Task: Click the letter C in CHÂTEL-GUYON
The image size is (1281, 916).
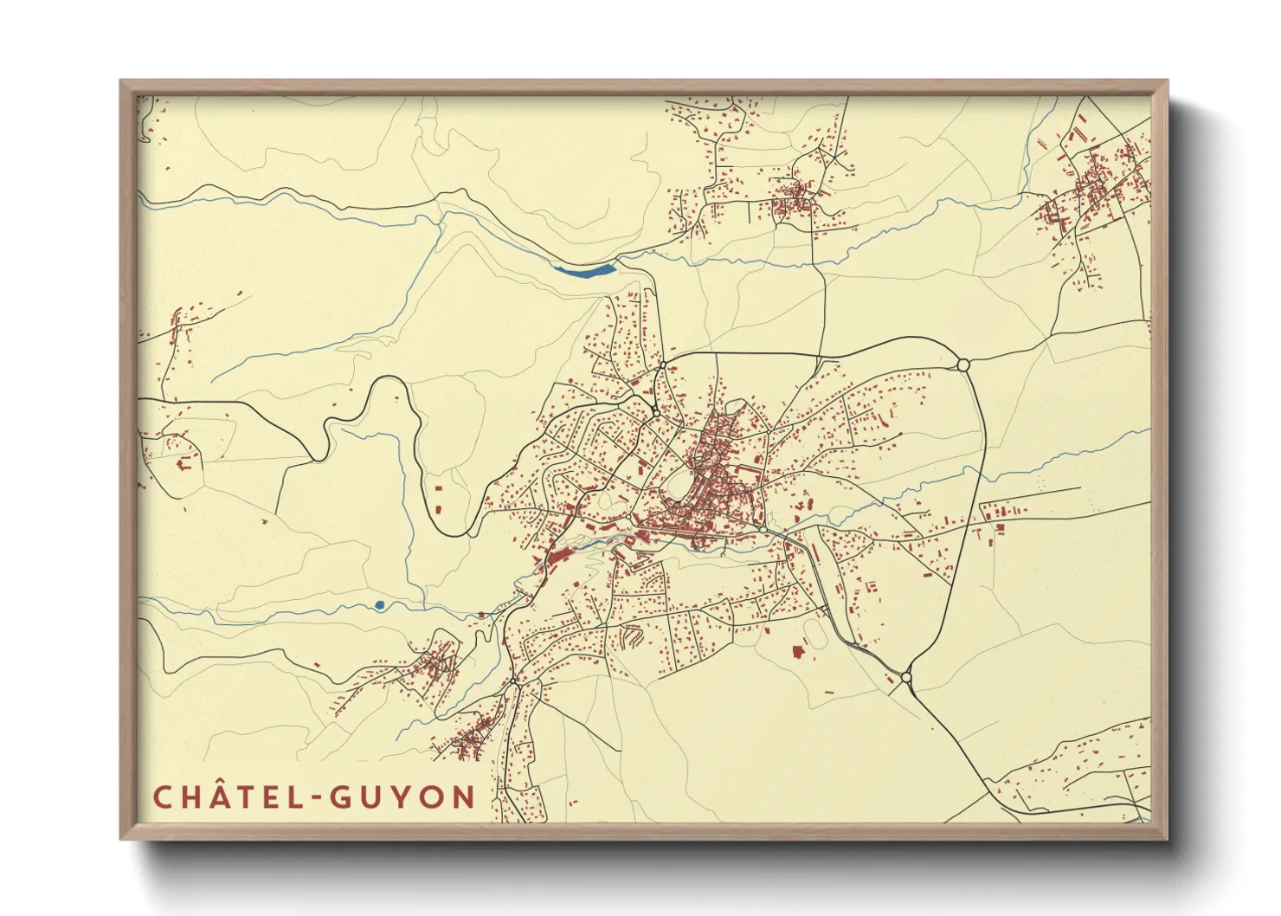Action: click(x=162, y=797)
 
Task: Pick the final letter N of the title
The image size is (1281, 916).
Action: click(x=464, y=797)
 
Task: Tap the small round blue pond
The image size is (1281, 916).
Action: click(x=380, y=604)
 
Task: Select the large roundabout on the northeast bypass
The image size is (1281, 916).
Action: click(x=962, y=365)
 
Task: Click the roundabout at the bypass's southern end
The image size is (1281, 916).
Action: click(x=906, y=677)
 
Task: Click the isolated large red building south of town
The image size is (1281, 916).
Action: click(x=798, y=651)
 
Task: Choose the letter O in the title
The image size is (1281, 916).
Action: click(x=432, y=797)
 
